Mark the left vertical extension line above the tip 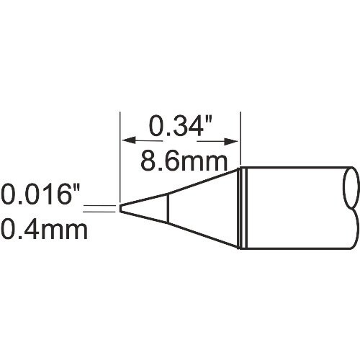pos(119,151)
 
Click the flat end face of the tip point pos(120,209)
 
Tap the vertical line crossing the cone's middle pos(168,209)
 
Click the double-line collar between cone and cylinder pos(242,209)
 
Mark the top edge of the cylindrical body pos(295,168)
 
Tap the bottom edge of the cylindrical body pos(295,249)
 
